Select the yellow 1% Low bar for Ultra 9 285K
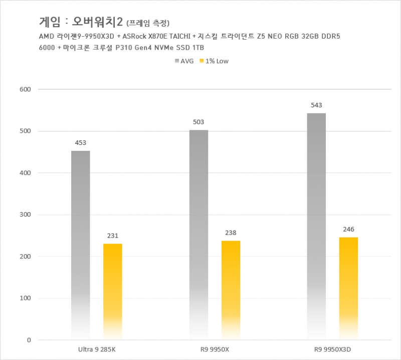click(112, 291)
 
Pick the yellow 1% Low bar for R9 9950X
click(231, 290)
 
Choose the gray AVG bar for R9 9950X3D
click(316, 226)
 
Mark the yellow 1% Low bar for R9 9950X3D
click(348, 288)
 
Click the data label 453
click(80, 142)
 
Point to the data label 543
click(316, 105)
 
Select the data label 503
click(198, 122)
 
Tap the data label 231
click(112, 235)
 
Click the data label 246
click(348, 229)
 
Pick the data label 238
click(231, 233)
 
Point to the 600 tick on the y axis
click(25, 90)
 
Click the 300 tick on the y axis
click(25, 215)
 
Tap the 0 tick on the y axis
click(29, 340)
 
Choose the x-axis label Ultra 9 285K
click(97, 348)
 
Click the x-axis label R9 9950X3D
click(333, 348)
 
